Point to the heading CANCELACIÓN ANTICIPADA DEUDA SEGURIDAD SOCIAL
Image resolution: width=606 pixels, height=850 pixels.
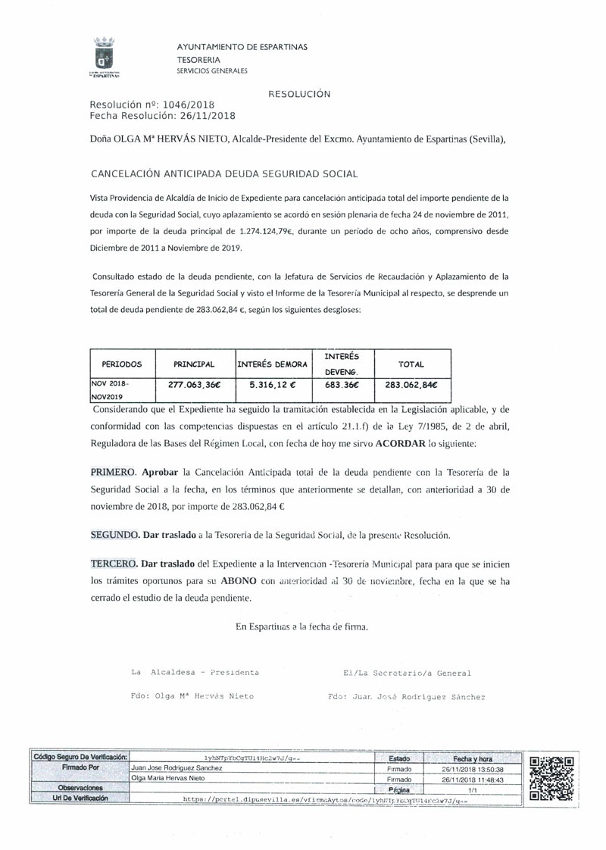[223, 173]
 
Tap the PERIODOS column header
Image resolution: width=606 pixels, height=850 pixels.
[122, 364]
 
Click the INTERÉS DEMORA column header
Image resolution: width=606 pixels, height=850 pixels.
[272, 364]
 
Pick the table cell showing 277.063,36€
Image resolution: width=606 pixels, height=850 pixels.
[193, 384]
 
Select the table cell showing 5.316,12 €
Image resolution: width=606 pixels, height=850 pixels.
[272, 384]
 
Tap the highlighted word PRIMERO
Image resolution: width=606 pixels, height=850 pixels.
[113, 471]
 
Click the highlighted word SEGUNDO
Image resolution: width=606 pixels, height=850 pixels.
[114, 535]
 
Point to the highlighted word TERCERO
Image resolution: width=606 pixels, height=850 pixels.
[114, 564]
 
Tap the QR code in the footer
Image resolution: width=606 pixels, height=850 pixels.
[552, 778]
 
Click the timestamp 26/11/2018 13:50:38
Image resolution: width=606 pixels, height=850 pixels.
[473, 768]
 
